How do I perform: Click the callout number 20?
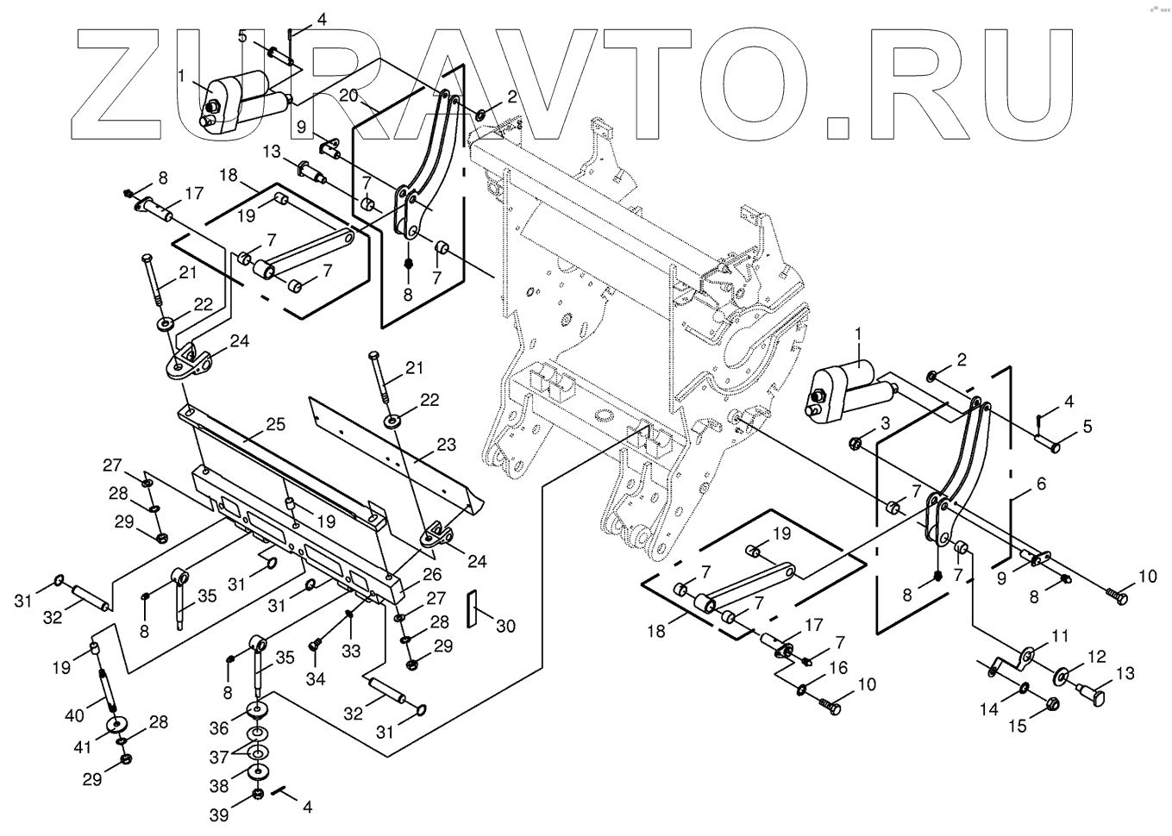(x=348, y=96)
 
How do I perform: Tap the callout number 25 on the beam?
(x=275, y=425)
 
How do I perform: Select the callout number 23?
(x=445, y=446)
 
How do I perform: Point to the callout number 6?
(x=1041, y=484)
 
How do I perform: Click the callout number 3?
(x=885, y=421)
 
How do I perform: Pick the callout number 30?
(x=505, y=625)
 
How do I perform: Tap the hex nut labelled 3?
(x=855, y=443)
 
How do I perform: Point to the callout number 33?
(x=350, y=652)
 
